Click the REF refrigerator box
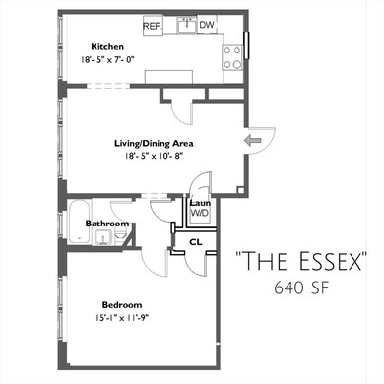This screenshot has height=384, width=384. point(152,25)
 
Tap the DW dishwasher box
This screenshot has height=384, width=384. point(207,25)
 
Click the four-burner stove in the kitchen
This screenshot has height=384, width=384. point(232,57)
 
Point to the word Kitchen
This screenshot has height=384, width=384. point(106,47)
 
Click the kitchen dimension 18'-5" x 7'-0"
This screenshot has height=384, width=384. point(106,60)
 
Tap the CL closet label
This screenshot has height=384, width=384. point(195,240)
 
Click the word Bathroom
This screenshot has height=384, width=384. point(107,224)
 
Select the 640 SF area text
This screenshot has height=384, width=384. point(302,288)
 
